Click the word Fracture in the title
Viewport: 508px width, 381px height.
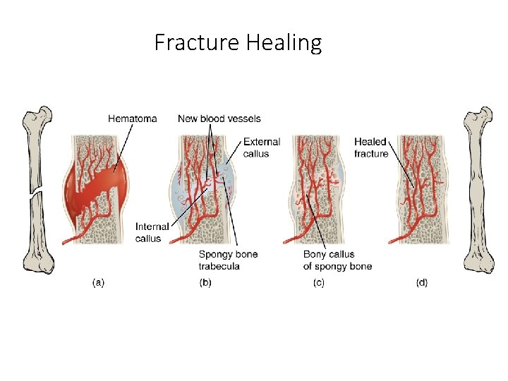point(197,43)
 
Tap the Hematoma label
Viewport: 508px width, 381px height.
point(132,119)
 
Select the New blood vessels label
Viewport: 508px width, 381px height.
point(219,119)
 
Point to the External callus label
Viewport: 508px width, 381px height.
point(261,147)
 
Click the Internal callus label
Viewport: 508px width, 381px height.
point(152,232)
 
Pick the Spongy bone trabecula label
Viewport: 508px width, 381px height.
point(228,260)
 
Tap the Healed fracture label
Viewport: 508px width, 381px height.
point(370,147)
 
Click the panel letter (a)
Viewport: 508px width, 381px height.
point(99,282)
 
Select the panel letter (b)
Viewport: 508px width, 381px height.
point(206,282)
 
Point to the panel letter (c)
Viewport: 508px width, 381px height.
point(319,282)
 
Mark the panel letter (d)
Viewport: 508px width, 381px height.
point(421,282)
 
